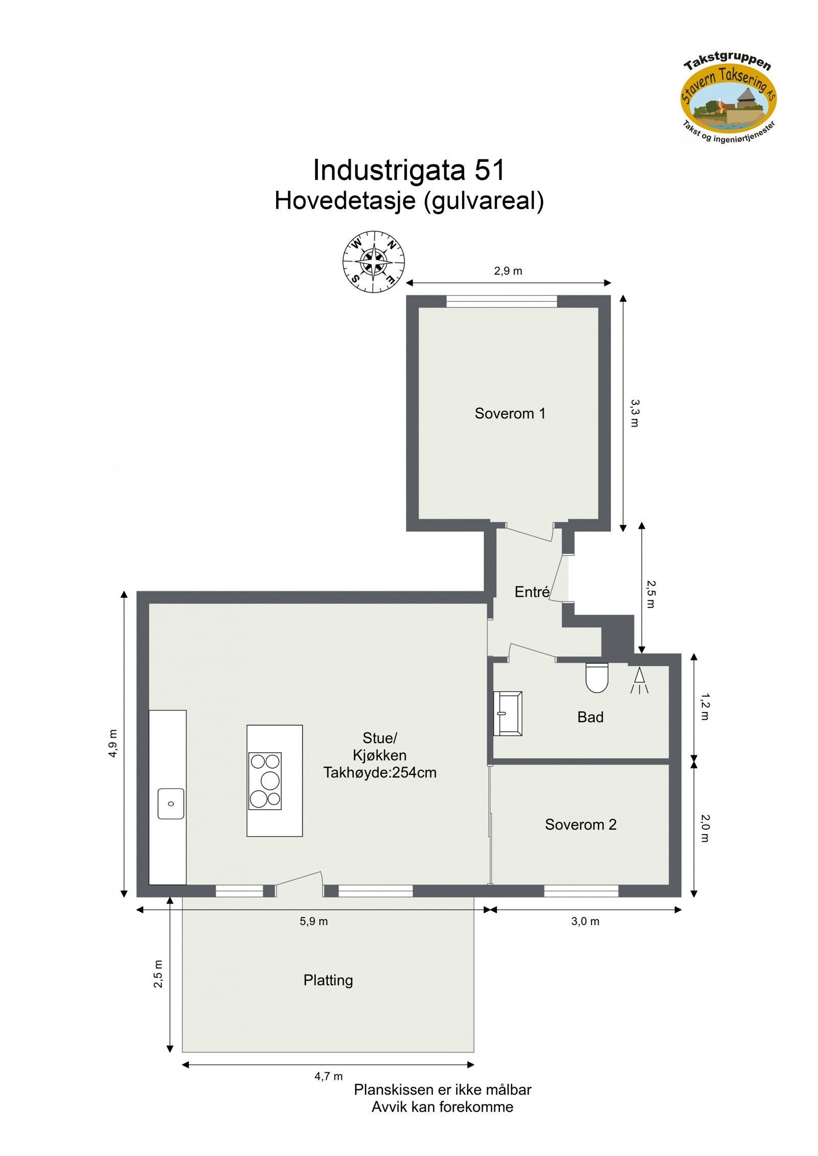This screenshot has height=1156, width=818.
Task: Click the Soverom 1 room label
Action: pyautogui.click(x=510, y=413)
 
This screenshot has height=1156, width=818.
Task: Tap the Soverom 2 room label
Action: pyautogui.click(x=580, y=824)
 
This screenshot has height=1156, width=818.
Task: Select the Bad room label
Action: pyautogui.click(x=590, y=717)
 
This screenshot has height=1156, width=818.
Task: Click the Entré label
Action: pyautogui.click(x=532, y=592)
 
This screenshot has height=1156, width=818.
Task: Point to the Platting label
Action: pyautogui.click(x=328, y=980)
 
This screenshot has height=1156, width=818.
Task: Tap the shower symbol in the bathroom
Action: pyautogui.click(x=639, y=680)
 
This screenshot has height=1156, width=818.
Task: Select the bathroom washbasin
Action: pyautogui.click(x=507, y=714)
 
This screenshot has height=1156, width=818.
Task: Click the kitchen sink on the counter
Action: pyautogui.click(x=171, y=804)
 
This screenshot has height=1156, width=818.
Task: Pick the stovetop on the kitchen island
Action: pyautogui.click(x=265, y=781)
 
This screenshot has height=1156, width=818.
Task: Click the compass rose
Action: pyautogui.click(x=373, y=262)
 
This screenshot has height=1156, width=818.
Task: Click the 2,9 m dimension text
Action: pyautogui.click(x=508, y=271)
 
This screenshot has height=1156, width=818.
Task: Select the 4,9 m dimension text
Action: pyautogui.click(x=112, y=743)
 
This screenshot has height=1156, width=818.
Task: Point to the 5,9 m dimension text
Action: pyautogui.click(x=313, y=922)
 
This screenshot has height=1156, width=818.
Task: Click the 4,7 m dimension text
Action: pyautogui.click(x=328, y=1076)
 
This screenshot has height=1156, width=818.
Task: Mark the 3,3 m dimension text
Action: pyautogui.click(x=634, y=413)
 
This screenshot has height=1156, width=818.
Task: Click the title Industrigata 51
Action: pyautogui.click(x=408, y=170)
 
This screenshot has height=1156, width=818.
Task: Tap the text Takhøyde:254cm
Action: pyautogui.click(x=380, y=772)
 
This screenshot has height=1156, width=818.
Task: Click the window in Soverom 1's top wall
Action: pyautogui.click(x=501, y=301)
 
